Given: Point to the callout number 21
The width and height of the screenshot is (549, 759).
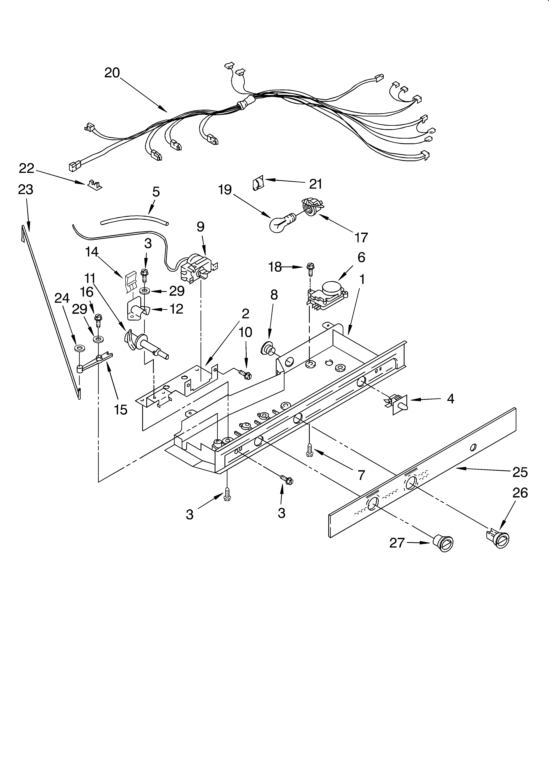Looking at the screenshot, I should click(316, 184).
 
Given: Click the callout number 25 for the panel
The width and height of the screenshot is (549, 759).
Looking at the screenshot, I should click(520, 472).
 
